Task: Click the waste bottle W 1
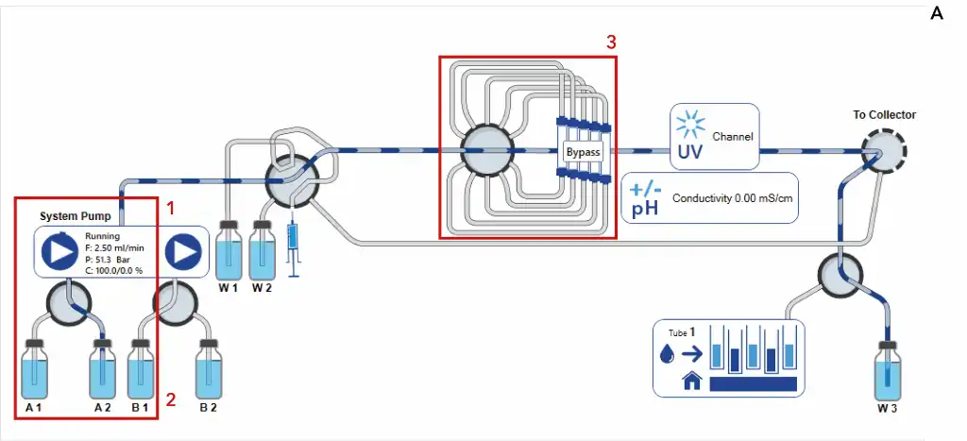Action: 229,251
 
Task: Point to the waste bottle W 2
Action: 262,251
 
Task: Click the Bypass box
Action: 583,151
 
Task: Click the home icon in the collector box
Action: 691,382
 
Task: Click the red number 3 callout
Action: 611,42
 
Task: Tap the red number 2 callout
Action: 171,399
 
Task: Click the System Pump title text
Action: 71,215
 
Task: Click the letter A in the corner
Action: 937,13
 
